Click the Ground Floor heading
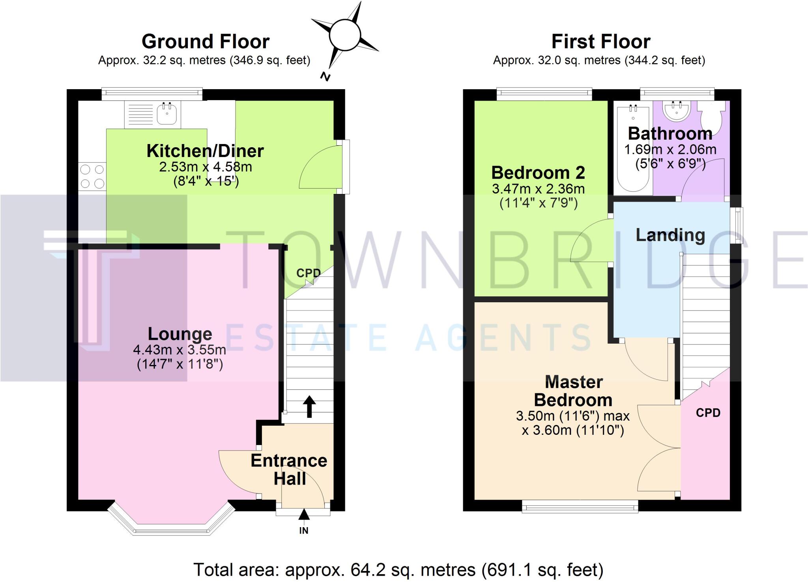coord(205,41)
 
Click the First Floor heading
coord(600,41)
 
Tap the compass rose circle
coord(344,36)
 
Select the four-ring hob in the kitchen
coord(92,176)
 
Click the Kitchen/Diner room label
coord(205,151)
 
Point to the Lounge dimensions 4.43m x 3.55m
coord(180,350)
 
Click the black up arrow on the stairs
coord(309,406)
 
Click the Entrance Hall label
coord(289,470)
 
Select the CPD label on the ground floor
coord(309,273)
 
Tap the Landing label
coord(670,235)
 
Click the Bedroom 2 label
coord(538,173)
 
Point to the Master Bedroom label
coord(573,391)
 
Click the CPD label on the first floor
coord(708,413)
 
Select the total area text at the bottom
coord(398,570)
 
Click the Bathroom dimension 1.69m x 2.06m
coord(670,150)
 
